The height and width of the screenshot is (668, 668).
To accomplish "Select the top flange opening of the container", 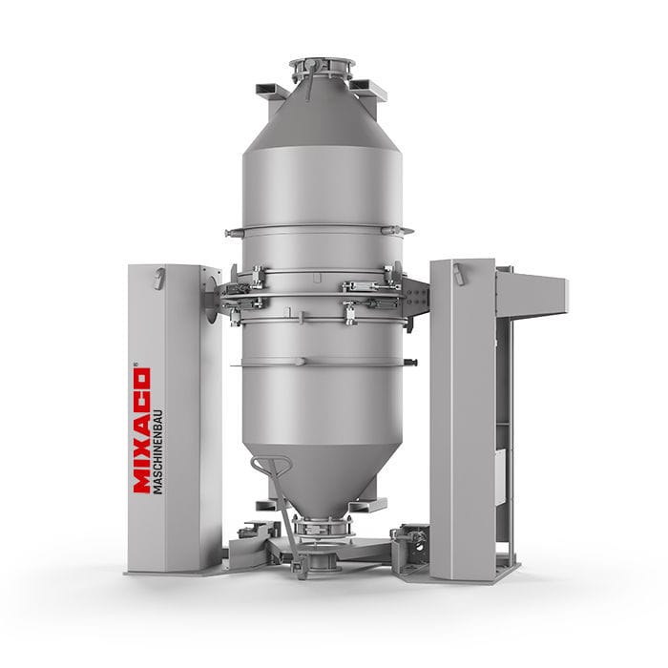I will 322,65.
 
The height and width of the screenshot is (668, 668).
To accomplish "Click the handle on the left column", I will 158,278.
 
